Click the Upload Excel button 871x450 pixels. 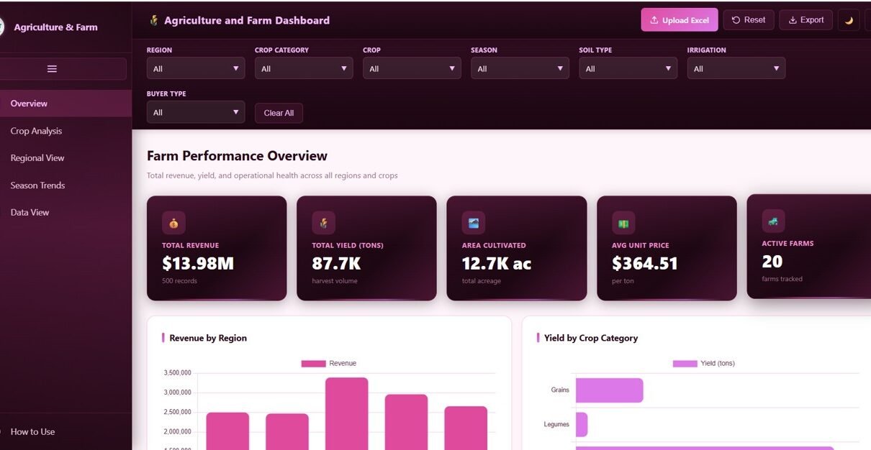click(x=679, y=20)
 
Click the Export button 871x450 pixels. click(x=805, y=20)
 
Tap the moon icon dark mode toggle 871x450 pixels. click(x=849, y=20)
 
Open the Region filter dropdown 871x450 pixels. click(x=195, y=68)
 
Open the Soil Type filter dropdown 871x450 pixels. click(x=628, y=68)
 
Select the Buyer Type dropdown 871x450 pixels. click(x=195, y=112)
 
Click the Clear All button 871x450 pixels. click(x=279, y=113)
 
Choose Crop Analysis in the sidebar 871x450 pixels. click(x=36, y=131)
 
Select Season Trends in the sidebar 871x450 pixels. click(x=37, y=185)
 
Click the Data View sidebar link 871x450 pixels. click(x=30, y=212)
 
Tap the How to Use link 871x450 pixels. click(x=32, y=432)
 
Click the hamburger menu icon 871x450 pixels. click(x=52, y=69)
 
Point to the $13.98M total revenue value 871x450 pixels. click(x=198, y=264)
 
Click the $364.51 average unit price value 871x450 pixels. click(x=645, y=264)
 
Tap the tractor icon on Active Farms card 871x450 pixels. click(x=773, y=221)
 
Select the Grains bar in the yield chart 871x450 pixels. click(x=609, y=390)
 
